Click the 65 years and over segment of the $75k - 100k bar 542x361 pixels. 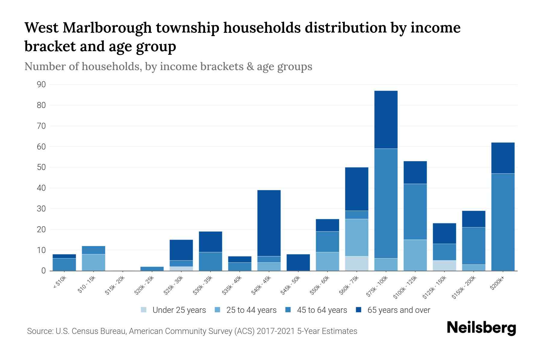click(386, 119)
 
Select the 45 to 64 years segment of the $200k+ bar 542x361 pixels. click(503, 222)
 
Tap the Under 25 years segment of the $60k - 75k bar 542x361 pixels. click(357, 263)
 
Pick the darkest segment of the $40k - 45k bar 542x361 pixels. click(269, 223)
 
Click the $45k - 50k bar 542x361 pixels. click(298, 262)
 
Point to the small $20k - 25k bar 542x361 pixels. click(152, 269)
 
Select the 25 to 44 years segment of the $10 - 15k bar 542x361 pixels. click(94, 262)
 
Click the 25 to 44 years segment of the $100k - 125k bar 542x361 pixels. click(415, 255)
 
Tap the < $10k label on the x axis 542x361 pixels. click(60, 282)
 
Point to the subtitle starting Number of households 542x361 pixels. click(168, 66)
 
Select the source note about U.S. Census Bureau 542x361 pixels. click(192, 331)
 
